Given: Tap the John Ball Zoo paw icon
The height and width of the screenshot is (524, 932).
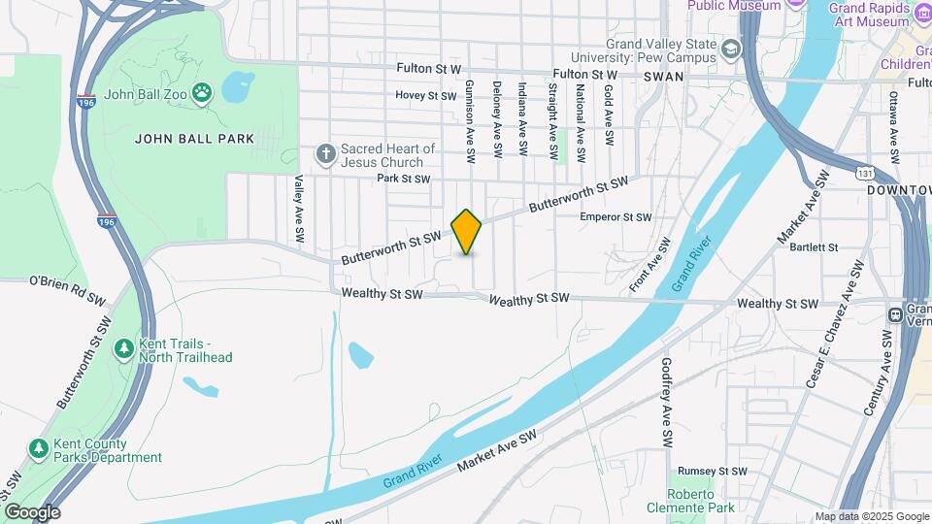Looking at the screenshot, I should pyautogui.click(x=202, y=93).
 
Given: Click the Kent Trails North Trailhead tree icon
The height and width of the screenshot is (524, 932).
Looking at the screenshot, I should pyautogui.click(x=123, y=348).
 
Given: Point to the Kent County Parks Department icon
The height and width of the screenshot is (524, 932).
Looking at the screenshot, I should pyautogui.click(x=38, y=448).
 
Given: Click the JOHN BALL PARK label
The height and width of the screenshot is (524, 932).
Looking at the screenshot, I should pyautogui.click(x=194, y=139).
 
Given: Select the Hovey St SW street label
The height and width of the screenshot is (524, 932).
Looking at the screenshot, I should pyautogui.click(x=425, y=96).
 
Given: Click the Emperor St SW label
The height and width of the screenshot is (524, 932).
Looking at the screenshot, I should pyautogui.click(x=616, y=217).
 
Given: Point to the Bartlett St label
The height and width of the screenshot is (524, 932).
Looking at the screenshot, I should pyautogui.click(x=814, y=247).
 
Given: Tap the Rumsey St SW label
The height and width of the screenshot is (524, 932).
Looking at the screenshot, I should pyautogui.click(x=713, y=471).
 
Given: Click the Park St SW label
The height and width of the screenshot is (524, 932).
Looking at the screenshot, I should pyautogui.click(x=403, y=179).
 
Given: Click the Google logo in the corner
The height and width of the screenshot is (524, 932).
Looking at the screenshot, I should pyautogui.click(x=32, y=511).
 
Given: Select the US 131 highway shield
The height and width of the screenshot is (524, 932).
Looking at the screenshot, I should pyautogui.click(x=865, y=173).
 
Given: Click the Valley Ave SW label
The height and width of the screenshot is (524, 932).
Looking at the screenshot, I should pyautogui.click(x=299, y=209).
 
